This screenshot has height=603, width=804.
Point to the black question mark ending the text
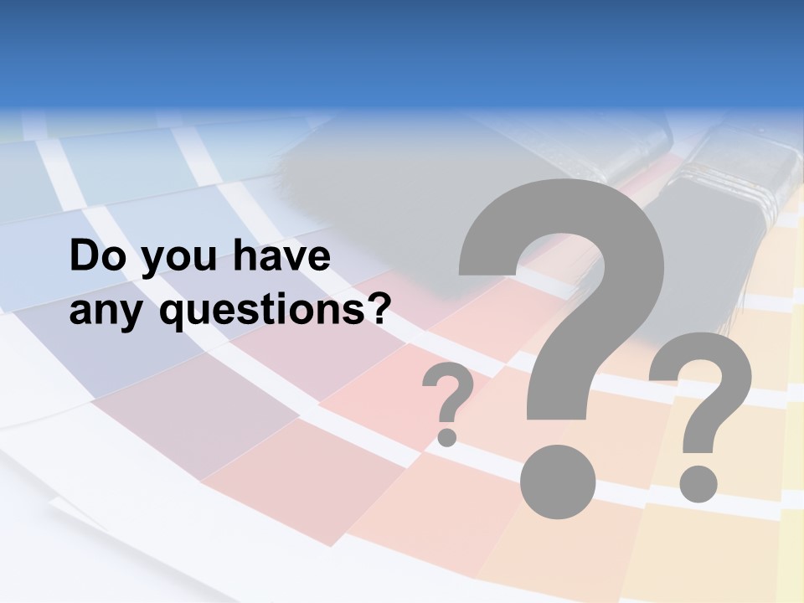379,308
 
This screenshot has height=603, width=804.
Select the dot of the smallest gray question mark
447,436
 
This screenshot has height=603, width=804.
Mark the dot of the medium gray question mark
698,483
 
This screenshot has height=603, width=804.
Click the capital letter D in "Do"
85,256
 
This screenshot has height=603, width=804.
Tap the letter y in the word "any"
134,317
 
